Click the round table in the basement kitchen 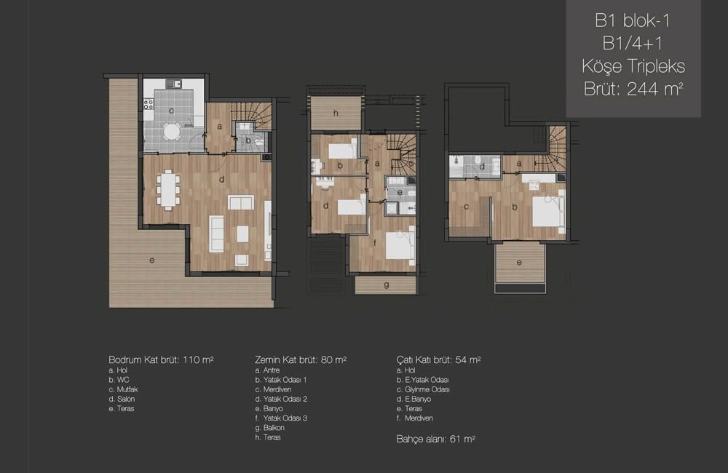pyautogui.click(x=172, y=132)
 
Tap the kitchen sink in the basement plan pyautogui.click(x=174, y=84)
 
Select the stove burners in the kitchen pyautogui.click(x=149, y=103)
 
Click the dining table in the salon pyautogui.click(x=168, y=190)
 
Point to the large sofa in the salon pyautogui.click(x=216, y=234)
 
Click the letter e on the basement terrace pyautogui.click(x=152, y=261)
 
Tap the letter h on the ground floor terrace pyautogui.click(x=335, y=114)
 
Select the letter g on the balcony pyautogui.click(x=387, y=285)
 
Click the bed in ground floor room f pyautogui.click(x=400, y=245)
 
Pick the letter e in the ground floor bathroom pyautogui.click(x=400, y=193)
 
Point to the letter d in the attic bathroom pyautogui.click(x=482, y=166)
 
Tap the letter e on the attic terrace pyautogui.click(x=519, y=263)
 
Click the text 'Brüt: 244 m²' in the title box pyautogui.click(x=633, y=89)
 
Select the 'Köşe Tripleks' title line pyautogui.click(x=633, y=66)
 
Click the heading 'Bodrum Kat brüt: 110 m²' pyautogui.click(x=161, y=359)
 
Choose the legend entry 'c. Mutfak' pyautogui.click(x=123, y=389)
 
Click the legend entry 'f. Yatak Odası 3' pyautogui.click(x=281, y=418)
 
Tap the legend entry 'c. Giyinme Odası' pyautogui.click(x=423, y=389)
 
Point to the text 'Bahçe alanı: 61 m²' pyautogui.click(x=435, y=439)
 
